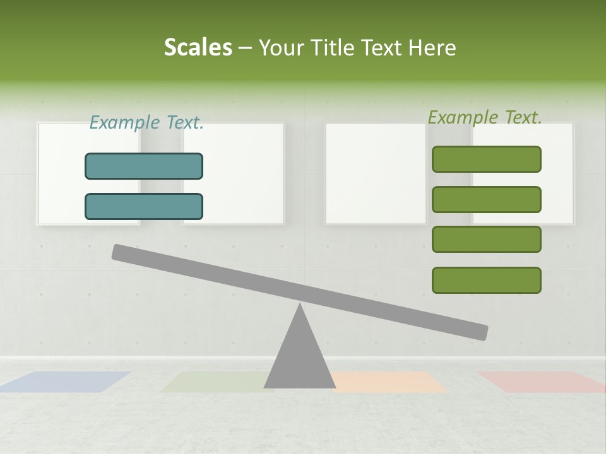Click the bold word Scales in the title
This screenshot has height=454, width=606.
[198, 47]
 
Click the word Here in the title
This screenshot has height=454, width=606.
[432, 47]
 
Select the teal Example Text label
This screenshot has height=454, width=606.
[146, 122]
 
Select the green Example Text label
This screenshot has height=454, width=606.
[485, 117]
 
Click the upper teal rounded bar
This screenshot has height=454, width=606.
[144, 166]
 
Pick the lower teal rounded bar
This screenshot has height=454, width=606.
[144, 206]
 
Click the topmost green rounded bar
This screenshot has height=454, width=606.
[486, 159]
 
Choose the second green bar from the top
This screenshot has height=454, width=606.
[486, 199]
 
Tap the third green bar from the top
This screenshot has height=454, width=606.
[486, 240]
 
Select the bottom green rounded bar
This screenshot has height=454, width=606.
[486, 280]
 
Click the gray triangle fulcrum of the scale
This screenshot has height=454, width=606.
[299, 359]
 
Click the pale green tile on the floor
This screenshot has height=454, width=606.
[215, 381]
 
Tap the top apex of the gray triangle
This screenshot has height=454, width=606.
[300, 306]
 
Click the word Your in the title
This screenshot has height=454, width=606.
[282, 47]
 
